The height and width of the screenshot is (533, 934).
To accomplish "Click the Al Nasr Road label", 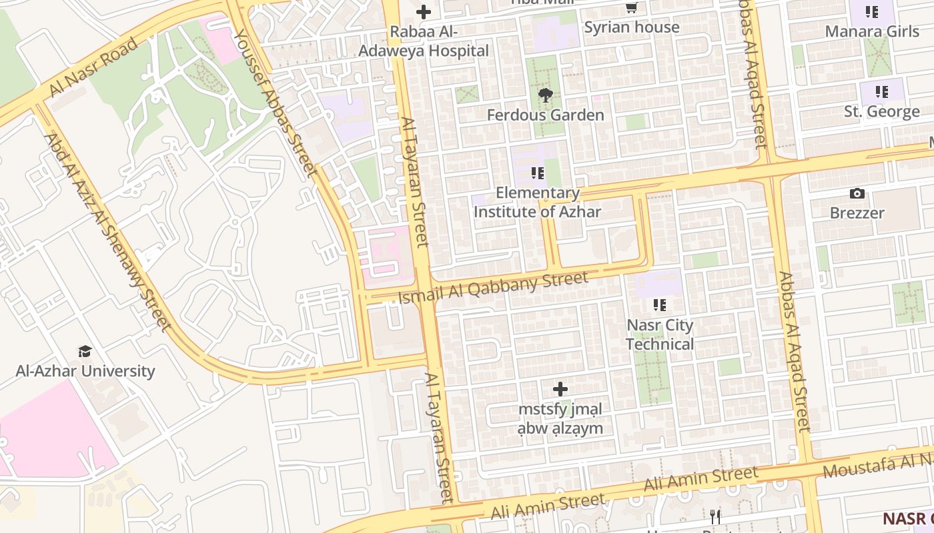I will (94, 67).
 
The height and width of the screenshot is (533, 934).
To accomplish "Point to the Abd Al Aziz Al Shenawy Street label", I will (107, 232).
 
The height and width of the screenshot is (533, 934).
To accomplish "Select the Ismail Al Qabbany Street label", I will (493, 288).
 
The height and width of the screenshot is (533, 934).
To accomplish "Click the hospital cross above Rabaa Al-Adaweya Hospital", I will (424, 12).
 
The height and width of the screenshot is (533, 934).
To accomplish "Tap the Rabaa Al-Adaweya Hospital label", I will (424, 41).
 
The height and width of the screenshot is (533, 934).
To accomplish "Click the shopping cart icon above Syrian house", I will (631, 8).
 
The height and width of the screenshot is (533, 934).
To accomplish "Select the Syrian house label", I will (631, 27).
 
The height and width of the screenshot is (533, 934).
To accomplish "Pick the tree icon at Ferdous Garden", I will (546, 95).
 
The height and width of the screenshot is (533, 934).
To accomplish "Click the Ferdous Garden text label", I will (546, 115).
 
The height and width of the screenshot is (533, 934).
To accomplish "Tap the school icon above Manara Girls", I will (872, 12).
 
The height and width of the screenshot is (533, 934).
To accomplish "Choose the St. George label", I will (882, 111).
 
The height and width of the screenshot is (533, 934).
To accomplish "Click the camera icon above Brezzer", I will (857, 194).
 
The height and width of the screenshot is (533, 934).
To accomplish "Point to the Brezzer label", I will (857, 213).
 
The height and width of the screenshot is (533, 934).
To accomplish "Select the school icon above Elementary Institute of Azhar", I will (537, 174).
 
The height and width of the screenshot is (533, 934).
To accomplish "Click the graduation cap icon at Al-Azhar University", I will (85, 352).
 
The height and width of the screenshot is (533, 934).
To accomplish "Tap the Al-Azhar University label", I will (85, 371).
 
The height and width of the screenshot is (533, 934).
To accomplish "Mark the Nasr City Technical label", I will (660, 334).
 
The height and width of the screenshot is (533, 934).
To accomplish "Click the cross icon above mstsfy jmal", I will (560, 389).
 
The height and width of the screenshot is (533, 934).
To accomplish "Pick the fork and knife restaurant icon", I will (715, 516).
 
